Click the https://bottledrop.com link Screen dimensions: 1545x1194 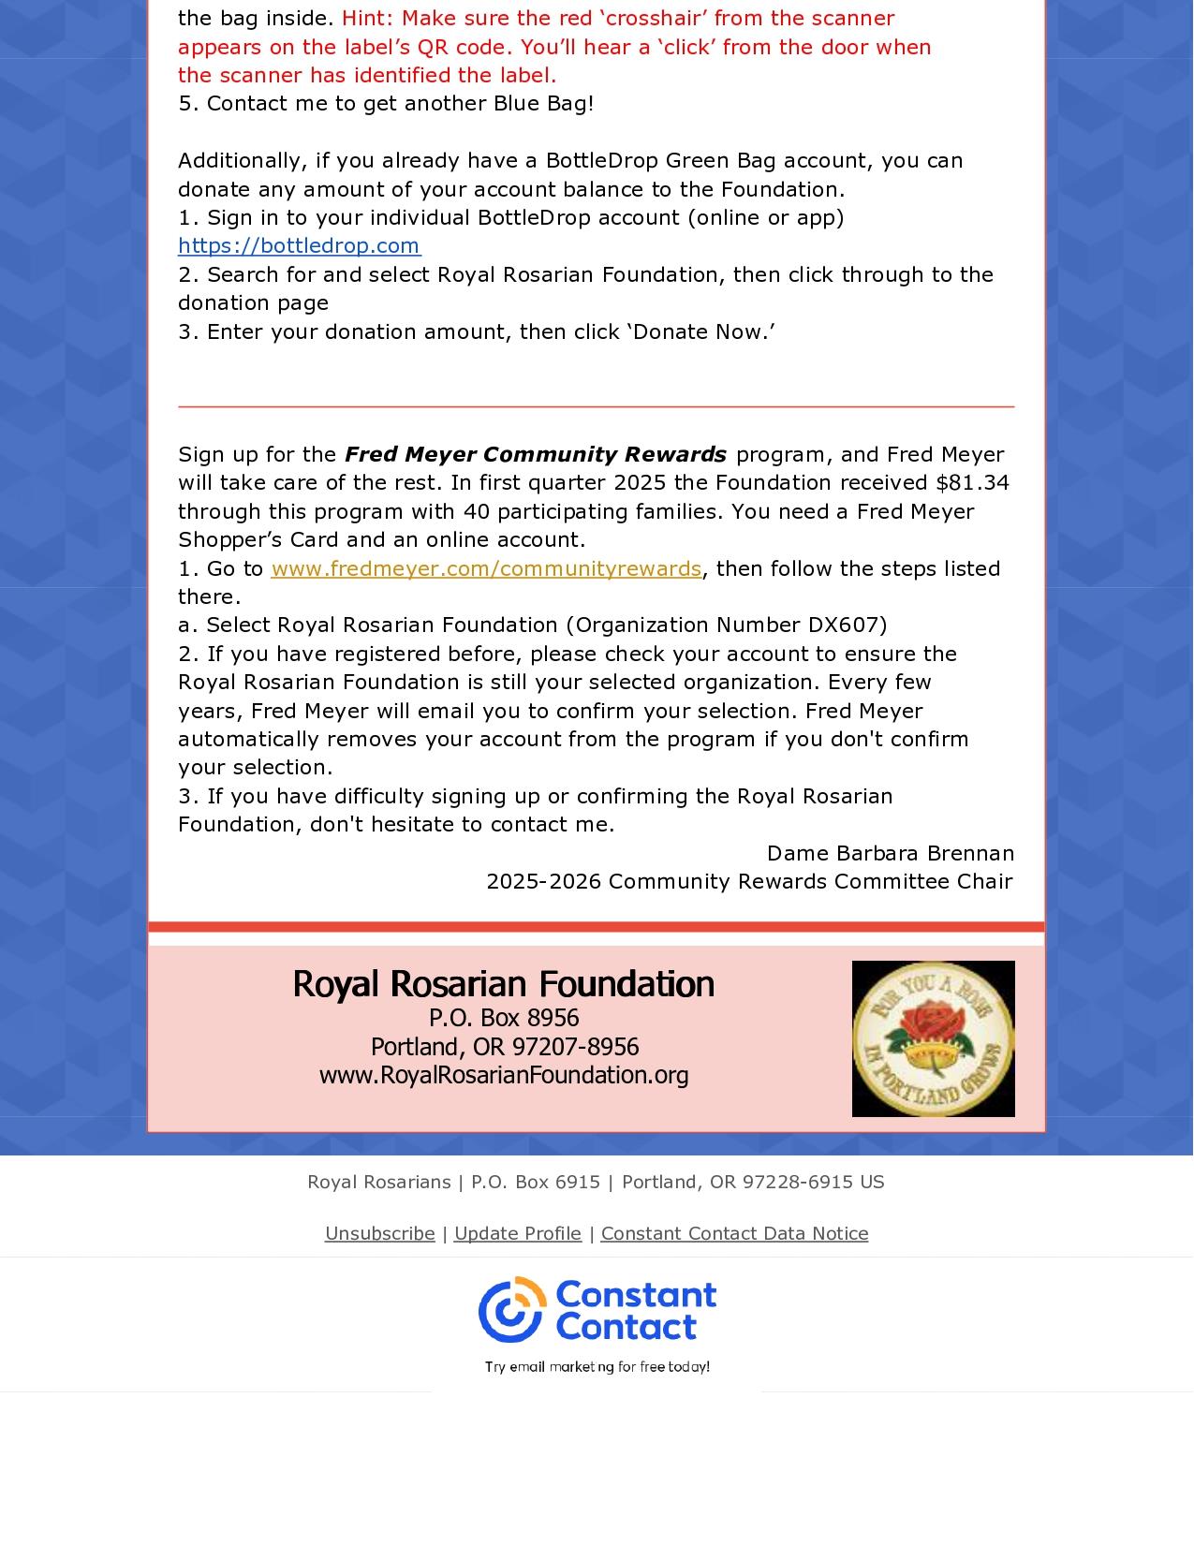[x=299, y=245]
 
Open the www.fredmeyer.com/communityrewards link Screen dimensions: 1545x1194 [x=485, y=568]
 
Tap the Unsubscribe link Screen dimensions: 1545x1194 [x=379, y=1233]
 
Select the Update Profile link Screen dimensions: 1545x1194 [x=517, y=1233]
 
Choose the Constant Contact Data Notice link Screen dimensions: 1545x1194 [x=734, y=1233]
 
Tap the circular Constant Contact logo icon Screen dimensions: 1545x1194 [x=511, y=1309]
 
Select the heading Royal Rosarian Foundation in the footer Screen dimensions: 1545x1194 [x=503, y=984]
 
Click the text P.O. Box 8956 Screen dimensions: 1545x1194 [x=504, y=1018]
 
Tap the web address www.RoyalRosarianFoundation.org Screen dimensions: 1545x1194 [x=504, y=1075]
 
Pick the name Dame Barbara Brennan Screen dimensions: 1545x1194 [x=890, y=853]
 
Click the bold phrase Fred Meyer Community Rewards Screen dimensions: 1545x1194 [x=535, y=455]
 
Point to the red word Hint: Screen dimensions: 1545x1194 [x=368, y=19]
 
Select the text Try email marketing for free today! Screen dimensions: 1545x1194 [x=597, y=1367]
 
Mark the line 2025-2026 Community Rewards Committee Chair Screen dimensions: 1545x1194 [x=748, y=881]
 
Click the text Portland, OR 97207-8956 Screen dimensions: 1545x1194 [x=504, y=1046]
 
